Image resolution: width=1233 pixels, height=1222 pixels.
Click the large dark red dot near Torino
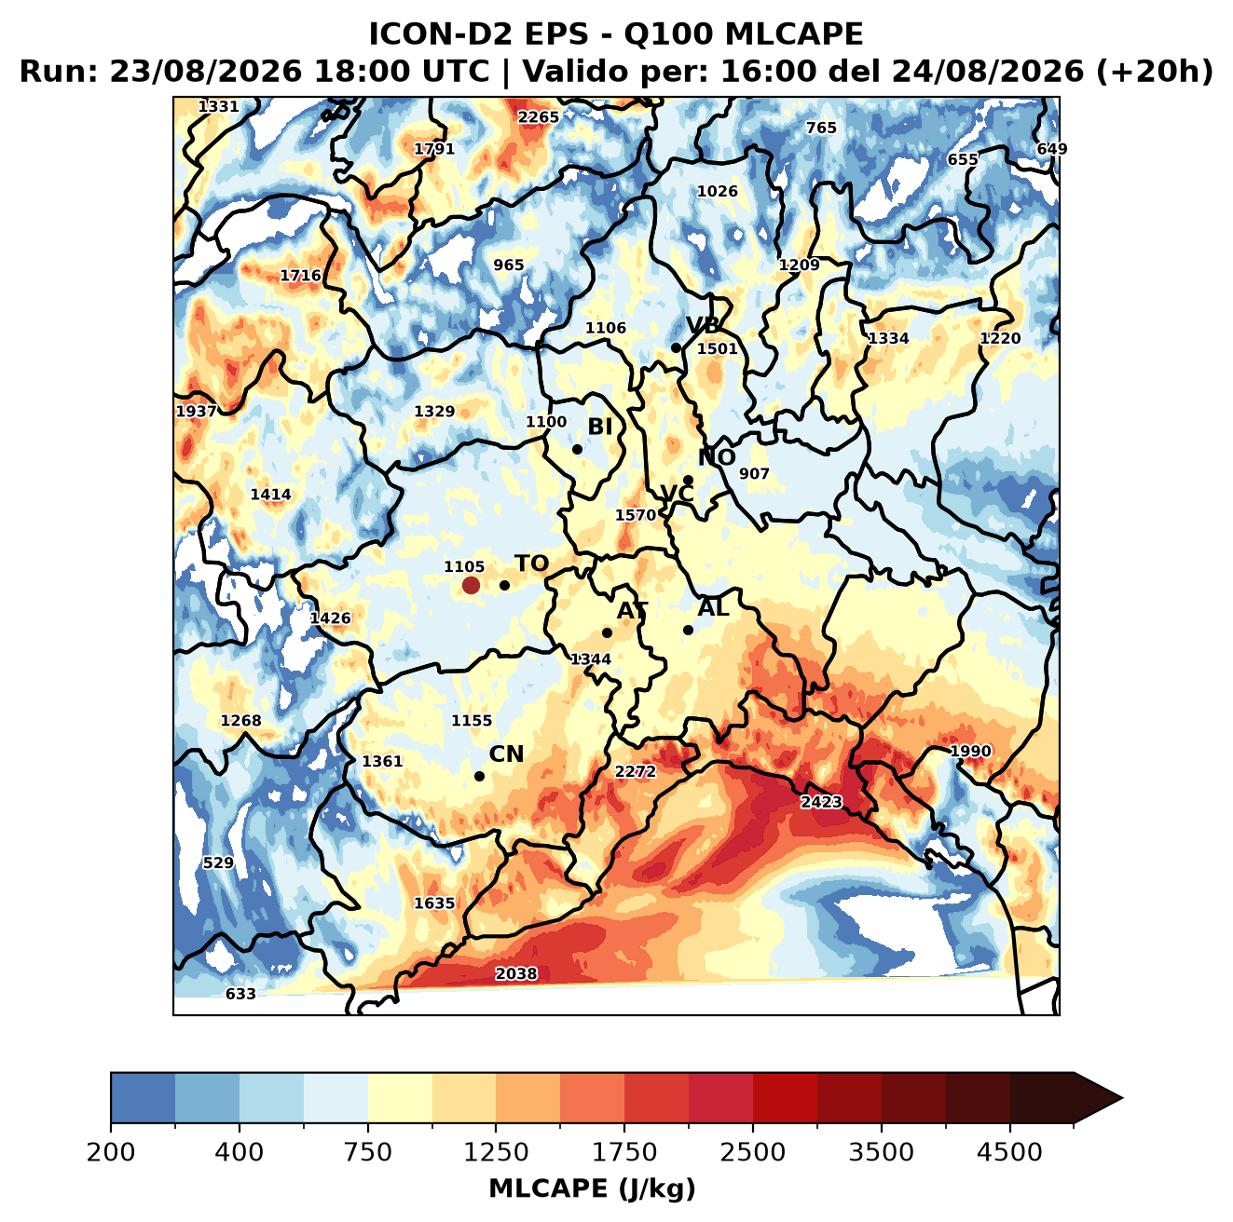point(471,585)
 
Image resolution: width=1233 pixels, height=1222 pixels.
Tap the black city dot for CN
point(479,776)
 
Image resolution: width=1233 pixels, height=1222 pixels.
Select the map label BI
point(599,427)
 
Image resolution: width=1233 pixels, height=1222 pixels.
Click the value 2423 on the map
point(821,802)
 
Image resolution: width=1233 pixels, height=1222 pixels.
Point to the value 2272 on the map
point(636,772)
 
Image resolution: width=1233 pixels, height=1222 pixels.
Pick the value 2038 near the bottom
point(516,973)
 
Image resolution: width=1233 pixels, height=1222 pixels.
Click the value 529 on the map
point(218,862)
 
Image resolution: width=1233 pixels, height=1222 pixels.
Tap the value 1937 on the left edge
point(197,411)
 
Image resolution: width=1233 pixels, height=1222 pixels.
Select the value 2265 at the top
point(538,117)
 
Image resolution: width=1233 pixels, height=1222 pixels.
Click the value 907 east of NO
point(754,474)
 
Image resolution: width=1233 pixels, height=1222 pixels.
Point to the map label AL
point(713,607)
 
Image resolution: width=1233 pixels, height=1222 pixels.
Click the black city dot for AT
point(607,632)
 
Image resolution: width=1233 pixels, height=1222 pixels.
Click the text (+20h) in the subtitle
point(1154,72)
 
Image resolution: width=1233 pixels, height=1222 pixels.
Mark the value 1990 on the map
point(970,751)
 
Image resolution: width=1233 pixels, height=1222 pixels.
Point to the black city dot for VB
point(676,347)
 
